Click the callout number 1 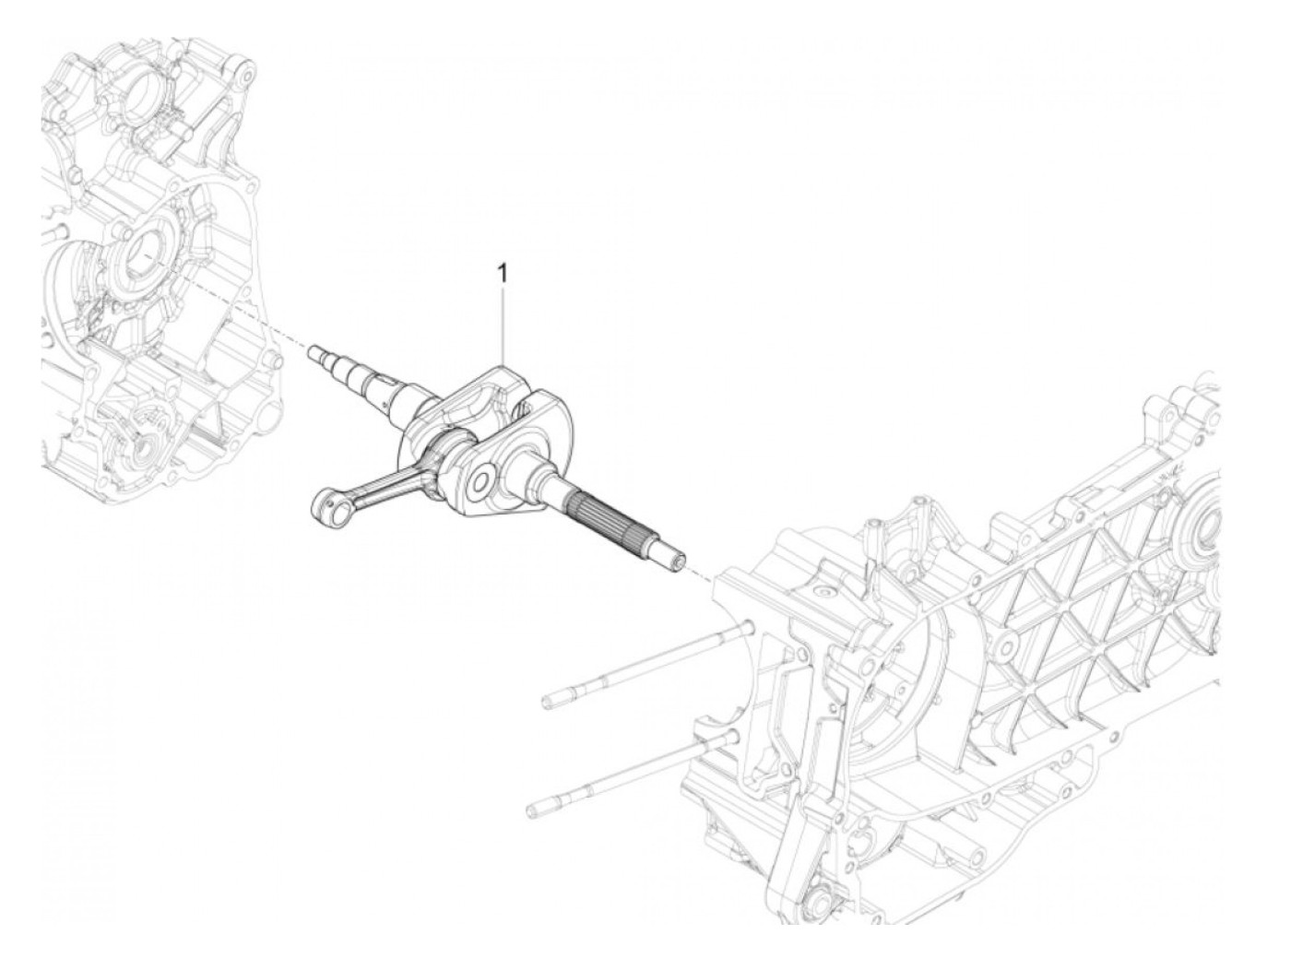click(x=503, y=273)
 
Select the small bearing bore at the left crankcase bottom click(x=143, y=450)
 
